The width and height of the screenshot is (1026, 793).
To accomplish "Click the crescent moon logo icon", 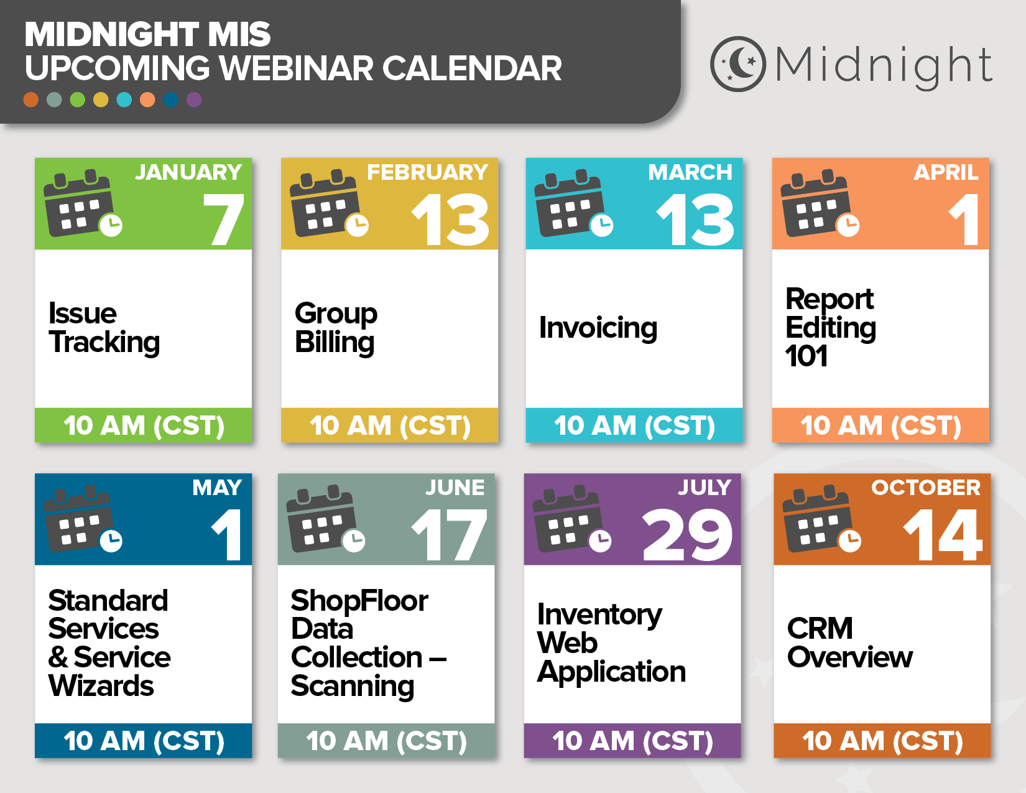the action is click(x=737, y=64).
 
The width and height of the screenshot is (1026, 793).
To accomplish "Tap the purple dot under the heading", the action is click(x=194, y=100).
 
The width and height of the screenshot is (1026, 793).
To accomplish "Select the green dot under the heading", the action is click(x=78, y=100).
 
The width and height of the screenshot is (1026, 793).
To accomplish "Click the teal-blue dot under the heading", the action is click(x=124, y=100).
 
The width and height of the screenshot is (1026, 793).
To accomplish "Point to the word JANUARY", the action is click(x=188, y=172).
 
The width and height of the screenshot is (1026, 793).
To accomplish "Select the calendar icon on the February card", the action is click(x=329, y=203).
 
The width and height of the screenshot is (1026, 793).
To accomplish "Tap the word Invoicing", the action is click(x=598, y=328).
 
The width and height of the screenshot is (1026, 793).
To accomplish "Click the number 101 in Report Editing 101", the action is click(x=806, y=356).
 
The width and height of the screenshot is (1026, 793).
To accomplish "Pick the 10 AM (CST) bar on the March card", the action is click(x=634, y=425).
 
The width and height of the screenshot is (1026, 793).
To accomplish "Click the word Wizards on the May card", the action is click(x=101, y=686).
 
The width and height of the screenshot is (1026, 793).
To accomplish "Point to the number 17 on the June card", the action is click(x=450, y=535).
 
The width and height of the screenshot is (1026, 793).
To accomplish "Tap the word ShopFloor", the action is click(x=359, y=601).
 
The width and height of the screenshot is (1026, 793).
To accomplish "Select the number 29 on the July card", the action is click(x=687, y=535).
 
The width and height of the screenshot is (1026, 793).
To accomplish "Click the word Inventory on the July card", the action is click(x=599, y=615).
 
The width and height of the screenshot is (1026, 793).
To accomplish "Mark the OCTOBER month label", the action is click(x=925, y=488).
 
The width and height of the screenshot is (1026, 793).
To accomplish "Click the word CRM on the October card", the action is click(x=820, y=629).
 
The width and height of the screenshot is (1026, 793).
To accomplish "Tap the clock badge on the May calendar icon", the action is click(x=111, y=540).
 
